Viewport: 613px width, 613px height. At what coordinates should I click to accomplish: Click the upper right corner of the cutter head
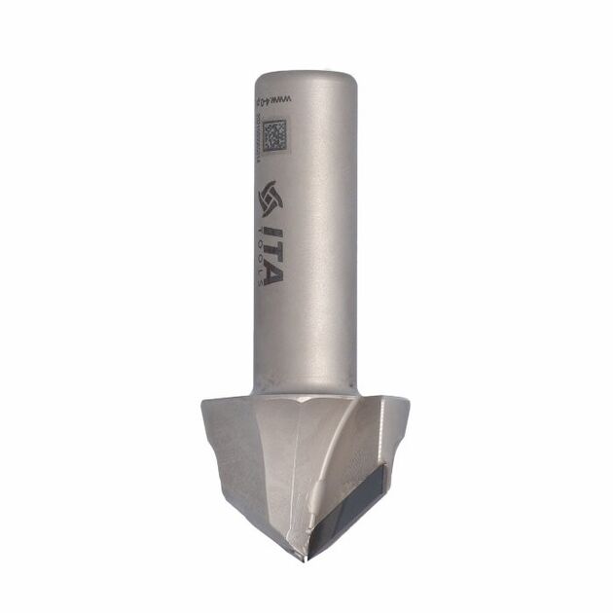[x=410, y=398]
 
